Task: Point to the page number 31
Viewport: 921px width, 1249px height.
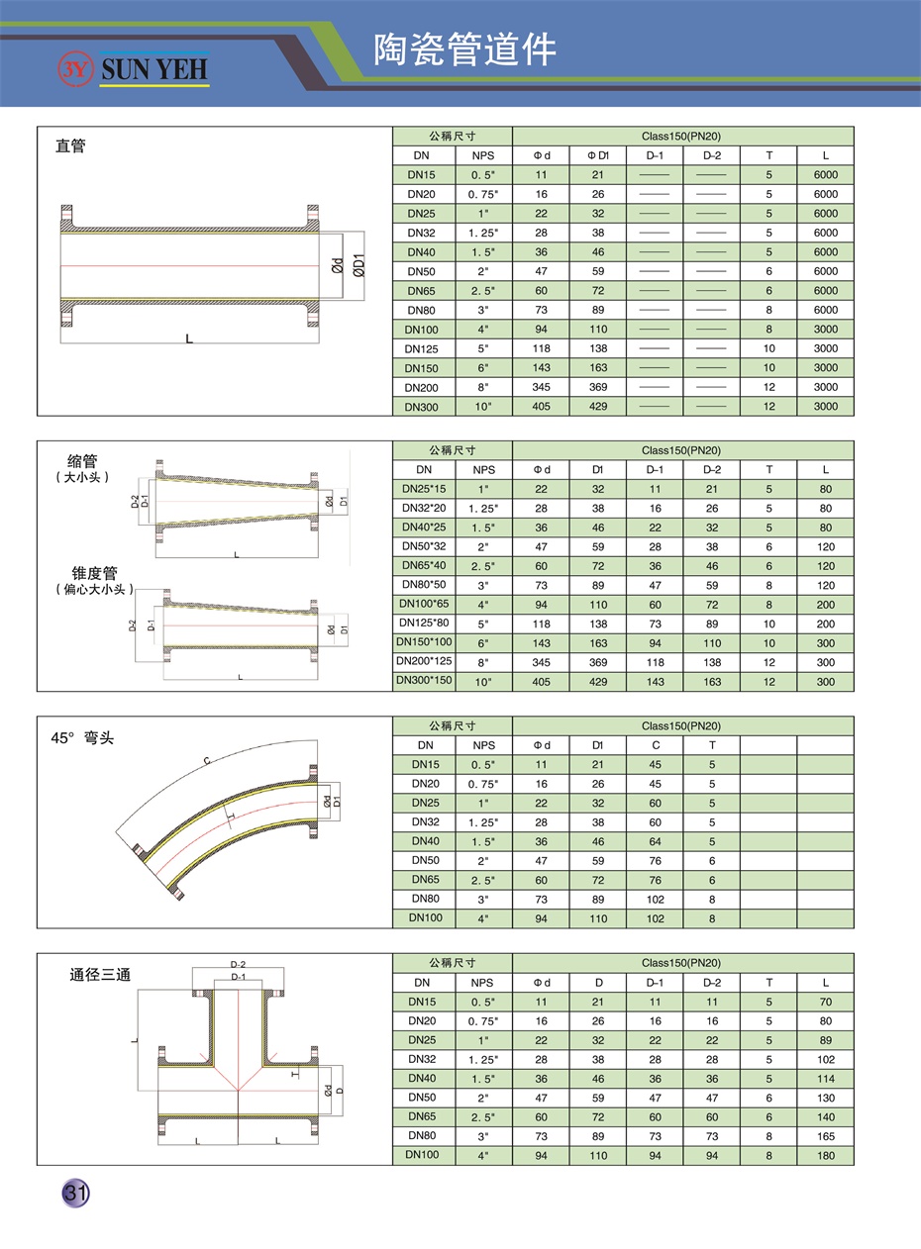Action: point(75,1193)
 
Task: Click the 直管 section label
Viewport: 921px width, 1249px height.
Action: point(70,146)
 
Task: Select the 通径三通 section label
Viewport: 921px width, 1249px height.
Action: point(99,974)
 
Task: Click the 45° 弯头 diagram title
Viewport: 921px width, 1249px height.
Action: point(82,737)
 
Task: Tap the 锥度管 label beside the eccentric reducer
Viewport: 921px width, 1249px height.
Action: point(94,573)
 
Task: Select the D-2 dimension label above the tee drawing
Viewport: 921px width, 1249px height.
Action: point(238,964)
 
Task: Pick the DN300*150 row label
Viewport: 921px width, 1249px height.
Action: point(424,681)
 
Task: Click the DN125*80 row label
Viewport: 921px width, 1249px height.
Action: point(424,624)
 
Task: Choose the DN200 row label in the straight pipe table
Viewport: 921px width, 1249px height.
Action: point(422,387)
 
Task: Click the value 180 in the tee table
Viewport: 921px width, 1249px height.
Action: point(826,1155)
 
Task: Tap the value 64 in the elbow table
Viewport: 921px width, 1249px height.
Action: point(656,841)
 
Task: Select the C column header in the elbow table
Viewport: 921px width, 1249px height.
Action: point(656,745)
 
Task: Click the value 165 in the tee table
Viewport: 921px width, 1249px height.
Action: point(826,1136)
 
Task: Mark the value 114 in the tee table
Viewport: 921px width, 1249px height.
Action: point(826,1079)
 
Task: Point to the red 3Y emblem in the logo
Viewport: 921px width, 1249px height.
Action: point(75,68)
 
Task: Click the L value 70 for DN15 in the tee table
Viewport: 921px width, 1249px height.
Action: point(826,1002)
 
